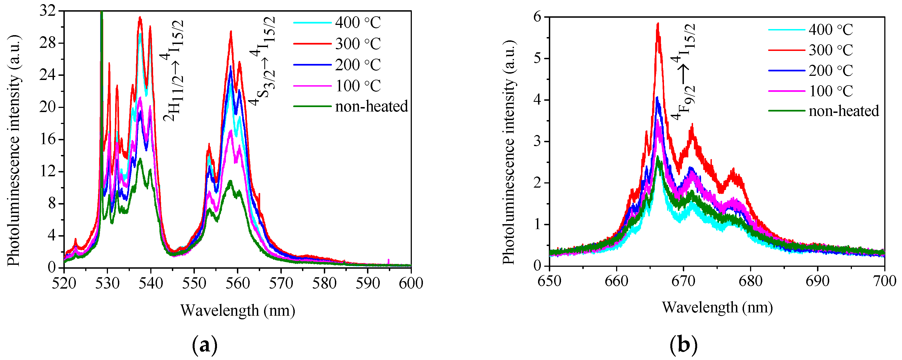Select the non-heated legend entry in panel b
[x=844, y=111]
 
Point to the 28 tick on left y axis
[x=47, y=43]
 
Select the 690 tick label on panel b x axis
[x=817, y=281]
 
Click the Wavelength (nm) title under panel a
[x=238, y=310]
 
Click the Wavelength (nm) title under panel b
[x=717, y=307]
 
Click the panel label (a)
[x=205, y=345]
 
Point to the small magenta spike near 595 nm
[x=389, y=261]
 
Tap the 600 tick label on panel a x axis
[x=411, y=283]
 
